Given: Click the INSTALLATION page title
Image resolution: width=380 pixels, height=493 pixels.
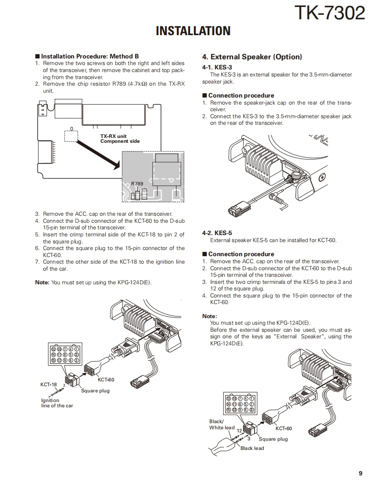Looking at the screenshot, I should point(193,31).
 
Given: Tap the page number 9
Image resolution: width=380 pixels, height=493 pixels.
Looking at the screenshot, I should point(360,473).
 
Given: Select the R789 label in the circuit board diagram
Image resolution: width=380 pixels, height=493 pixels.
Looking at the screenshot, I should point(137,184).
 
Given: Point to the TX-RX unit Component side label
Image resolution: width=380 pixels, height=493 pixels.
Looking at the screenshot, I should point(120,139).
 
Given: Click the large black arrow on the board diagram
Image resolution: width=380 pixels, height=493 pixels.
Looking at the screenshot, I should point(99,152).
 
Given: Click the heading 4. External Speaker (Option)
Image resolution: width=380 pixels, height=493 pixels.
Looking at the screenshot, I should point(252,57).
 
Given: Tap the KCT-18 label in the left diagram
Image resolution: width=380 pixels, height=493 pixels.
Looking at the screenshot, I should point(49,384).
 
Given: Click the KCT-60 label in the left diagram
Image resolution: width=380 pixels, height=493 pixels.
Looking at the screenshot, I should point(106,380).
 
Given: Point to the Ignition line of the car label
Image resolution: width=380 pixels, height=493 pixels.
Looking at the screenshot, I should point(57,403).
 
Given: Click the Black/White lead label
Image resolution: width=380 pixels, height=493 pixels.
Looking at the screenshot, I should point(222,424).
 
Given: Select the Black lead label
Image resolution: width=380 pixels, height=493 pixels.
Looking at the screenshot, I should point(252,448).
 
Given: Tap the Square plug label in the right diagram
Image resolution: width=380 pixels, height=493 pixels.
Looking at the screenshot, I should point(273,439).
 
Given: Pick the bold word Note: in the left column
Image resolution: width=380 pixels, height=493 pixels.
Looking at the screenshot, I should point(42,283).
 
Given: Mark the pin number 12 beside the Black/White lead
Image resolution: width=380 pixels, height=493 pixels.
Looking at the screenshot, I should point(239,431).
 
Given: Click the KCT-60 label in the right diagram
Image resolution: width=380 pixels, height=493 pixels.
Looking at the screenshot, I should point(283,428).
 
